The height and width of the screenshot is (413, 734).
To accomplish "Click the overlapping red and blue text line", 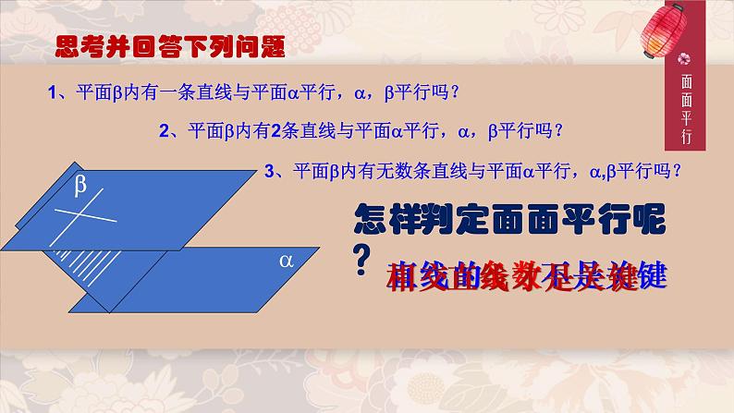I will click(x=528, y=275).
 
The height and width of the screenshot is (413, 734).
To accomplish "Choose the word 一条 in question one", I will click(x=164, y=92).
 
